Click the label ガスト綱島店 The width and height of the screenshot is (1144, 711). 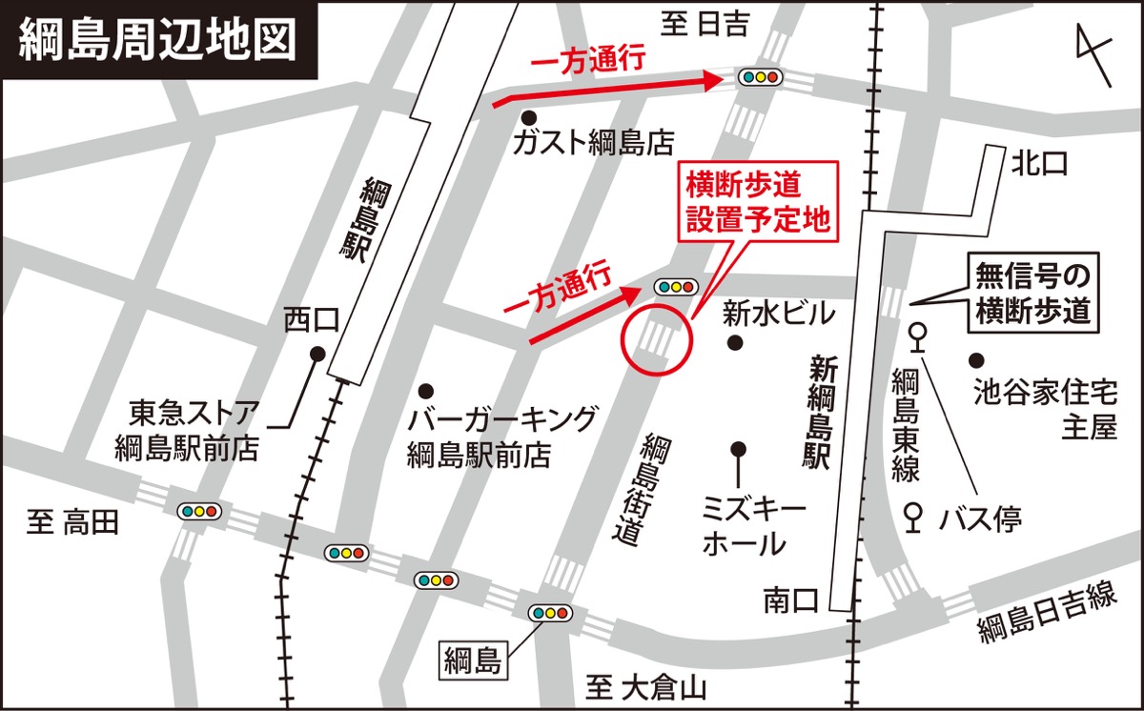593,144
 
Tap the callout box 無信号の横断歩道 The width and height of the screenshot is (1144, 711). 1033,293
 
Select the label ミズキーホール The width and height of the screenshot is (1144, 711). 744,526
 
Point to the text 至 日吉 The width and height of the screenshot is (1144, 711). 706,26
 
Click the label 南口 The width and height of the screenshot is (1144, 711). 791,600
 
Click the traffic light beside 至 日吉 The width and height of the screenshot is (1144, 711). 761,77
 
